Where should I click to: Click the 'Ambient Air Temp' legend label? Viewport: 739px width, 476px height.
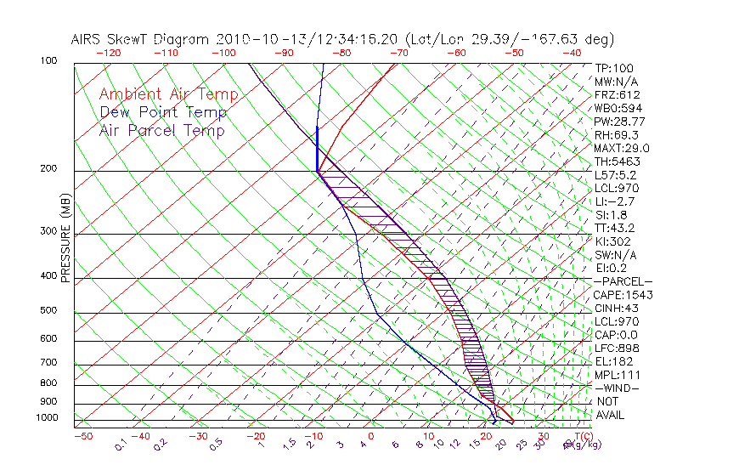point(168,94)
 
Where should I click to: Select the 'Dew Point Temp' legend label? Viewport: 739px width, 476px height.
point(163,112)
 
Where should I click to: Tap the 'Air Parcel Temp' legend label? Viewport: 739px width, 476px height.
point(161,130)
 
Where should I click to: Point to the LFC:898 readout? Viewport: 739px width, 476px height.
point(616,348)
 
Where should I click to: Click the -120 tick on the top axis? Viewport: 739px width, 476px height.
point(108,53)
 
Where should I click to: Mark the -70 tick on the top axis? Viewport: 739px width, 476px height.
point(399,53)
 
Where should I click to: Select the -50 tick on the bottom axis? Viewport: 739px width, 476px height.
point(82,437)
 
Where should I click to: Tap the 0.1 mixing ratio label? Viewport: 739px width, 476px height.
point(121,443)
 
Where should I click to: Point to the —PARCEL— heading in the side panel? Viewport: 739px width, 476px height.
point(623,281)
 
